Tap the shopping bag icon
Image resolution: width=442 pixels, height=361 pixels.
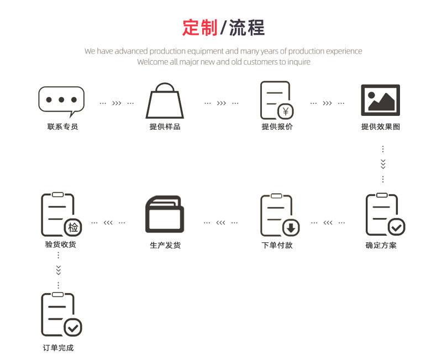coord(164,101)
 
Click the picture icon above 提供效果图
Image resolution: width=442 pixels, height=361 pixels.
coord(380,100)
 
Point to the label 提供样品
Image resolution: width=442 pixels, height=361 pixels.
coord(165,127)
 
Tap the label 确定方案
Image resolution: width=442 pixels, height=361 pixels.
coord(381,245)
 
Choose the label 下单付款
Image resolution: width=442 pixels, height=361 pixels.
coord(277,245)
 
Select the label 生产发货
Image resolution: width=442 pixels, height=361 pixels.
coord(165,245)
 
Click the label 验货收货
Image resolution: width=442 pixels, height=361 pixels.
coord(60,244)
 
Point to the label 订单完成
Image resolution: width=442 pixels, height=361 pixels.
coord(58,348)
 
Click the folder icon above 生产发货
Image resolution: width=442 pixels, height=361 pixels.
coord(164,214)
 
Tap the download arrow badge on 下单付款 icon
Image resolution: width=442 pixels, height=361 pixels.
coord(291,227)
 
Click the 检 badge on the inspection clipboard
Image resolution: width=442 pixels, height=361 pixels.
coord(73,227)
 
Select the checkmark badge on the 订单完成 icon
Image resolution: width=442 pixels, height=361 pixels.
coord(72,327)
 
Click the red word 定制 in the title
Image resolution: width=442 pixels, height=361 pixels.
coord(200,28)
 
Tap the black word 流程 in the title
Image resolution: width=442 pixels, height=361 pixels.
coord(246,28)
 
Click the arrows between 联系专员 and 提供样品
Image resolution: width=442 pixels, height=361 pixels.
coord(117,103)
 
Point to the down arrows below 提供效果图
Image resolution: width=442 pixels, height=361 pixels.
coord(383,164)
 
